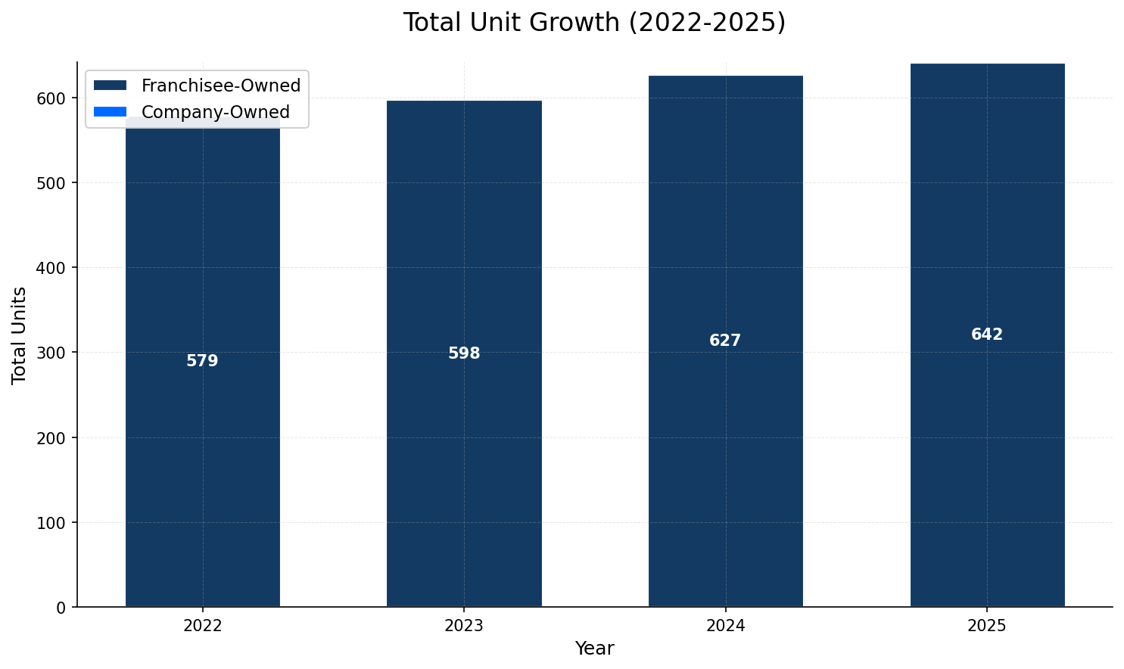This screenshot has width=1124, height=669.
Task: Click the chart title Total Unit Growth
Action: tap(594, 23)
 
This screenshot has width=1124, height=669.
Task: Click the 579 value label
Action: tap(202, 362)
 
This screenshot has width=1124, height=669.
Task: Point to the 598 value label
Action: tap(464, 353)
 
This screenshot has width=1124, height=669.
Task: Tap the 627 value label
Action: tap(725, 341)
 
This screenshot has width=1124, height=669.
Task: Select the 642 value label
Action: tap(987, 334)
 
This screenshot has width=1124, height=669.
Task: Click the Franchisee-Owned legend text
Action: tap(221, 86)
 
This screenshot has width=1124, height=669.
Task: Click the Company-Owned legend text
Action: tap(216, 112)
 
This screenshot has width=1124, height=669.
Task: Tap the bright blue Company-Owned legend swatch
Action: tap(110, 112)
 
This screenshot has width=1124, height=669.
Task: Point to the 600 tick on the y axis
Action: tap(55, 98)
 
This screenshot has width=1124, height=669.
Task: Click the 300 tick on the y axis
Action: tap(55, 353)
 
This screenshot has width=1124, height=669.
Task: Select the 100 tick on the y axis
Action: tap(55, 523)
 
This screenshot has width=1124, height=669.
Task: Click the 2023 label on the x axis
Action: tap(464, 626)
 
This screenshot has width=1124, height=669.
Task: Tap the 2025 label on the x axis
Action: tap(987, 626)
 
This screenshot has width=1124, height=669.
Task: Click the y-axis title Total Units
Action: tap(20, 335)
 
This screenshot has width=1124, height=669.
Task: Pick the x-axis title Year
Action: tap(594, 649)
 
